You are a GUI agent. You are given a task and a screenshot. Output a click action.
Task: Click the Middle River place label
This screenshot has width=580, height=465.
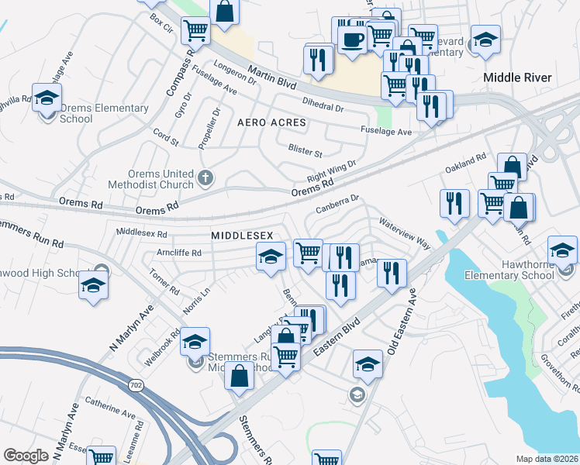point(517,77)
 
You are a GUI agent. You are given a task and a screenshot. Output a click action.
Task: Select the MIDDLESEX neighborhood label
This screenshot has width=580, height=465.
point(239,234)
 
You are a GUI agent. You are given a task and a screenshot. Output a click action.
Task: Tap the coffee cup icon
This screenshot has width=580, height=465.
point(353,40)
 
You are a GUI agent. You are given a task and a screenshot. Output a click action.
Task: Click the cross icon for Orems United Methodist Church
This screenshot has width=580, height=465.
point(205,177)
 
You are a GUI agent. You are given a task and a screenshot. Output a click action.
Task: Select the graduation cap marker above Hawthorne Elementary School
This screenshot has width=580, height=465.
point(562,250)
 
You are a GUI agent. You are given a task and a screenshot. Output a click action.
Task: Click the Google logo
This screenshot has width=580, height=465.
point(26,455)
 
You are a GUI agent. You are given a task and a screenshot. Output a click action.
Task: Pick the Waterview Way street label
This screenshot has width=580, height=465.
point(404,232)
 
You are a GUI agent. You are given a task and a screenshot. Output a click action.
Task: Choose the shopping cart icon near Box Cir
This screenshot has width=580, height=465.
point(195,31)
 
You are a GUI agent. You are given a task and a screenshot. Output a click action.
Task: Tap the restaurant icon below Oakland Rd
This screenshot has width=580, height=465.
point(454,203)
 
